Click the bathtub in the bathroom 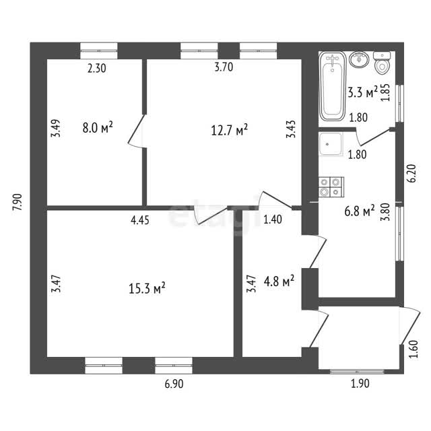332,86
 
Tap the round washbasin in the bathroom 359,59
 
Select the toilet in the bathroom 382,63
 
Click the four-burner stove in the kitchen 331,187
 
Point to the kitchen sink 331,144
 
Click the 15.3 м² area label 147,288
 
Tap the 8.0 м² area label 98,127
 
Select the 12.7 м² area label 229,129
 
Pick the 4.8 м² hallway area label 279,281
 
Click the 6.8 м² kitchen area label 359,211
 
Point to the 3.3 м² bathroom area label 362,92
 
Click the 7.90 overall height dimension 18,202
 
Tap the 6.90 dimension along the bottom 174,384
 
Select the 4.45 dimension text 140,220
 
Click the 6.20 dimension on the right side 413,173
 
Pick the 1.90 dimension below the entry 360,383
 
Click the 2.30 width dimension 97,69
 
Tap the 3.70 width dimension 224,67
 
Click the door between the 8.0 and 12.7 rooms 137,131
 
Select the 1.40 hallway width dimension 273,220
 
